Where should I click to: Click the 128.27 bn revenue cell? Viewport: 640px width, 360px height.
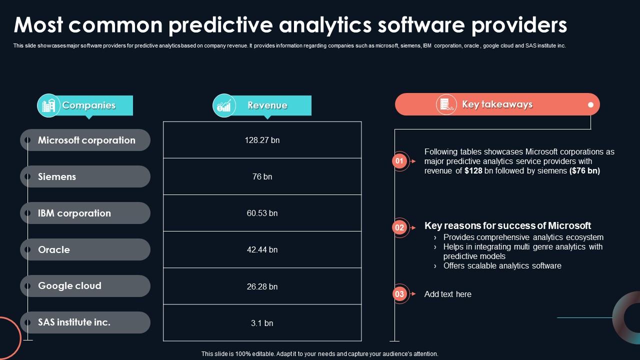click(x=262, y=140)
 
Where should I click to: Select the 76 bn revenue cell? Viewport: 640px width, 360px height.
click(x=262, y=176)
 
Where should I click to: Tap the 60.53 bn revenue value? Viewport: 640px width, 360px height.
click(x=262, y=213)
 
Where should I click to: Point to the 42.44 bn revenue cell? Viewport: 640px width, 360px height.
click(x=262, y=249)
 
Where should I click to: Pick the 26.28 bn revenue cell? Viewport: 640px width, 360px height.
click(x=262, y=286)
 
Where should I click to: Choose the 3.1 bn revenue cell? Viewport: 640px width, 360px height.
click(x=262, y=323)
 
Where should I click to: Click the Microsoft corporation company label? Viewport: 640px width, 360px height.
click(x=86, y=140)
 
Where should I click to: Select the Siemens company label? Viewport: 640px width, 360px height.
click(x=57, y=176)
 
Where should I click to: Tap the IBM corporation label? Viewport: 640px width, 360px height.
click(x=74, y=213)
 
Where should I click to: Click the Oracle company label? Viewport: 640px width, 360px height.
click(x=54, y=249)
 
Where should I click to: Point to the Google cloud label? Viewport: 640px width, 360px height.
click(x=69, y=286)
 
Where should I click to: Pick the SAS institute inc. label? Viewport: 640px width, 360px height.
click(x=74, y=322)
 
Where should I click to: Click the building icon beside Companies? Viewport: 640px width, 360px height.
click(x=48, y=105)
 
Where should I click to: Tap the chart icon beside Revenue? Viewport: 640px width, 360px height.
click(x=224, y=105)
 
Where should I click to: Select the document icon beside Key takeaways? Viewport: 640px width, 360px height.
click(x=446, y=104)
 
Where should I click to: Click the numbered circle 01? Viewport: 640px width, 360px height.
click(x=399, y=161)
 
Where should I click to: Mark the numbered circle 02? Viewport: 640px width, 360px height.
click(x=399, y=228)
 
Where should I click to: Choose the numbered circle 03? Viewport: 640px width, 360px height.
click(x=399, y=294)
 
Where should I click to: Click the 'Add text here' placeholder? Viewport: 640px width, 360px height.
click(x=447, y=294)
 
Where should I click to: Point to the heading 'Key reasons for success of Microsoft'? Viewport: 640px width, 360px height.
click(x=507, y=225)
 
